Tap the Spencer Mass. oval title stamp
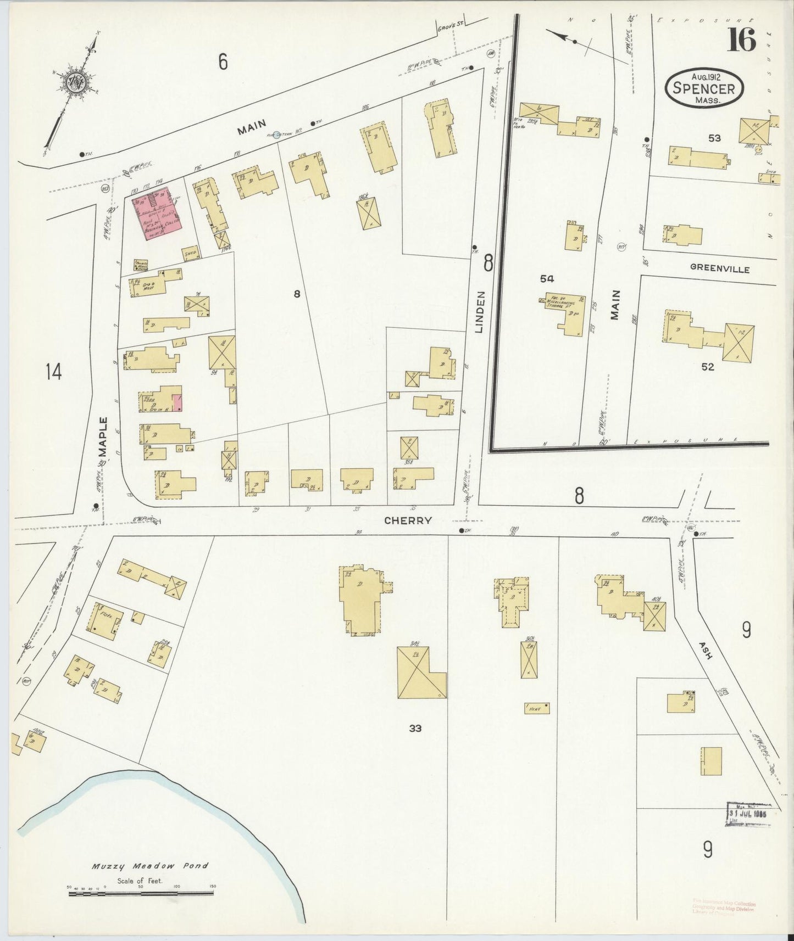coord(704,89)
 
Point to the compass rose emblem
coord(75,83)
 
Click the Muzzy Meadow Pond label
coord(150,866)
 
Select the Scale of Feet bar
coord(141,894)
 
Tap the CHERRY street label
coord(408,520)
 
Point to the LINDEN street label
coord(479,312)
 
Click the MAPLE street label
coord(103,436)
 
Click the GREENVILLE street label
coord(719,269)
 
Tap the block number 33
coord(415,728)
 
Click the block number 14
coord(53,372)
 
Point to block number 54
coord(546,279)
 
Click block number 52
coord(707,367)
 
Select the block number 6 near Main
coord(223,62)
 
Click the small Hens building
coord(536,708)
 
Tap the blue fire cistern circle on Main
coord(277,134)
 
